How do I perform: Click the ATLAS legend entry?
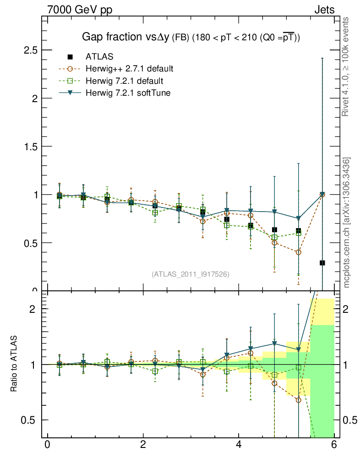click(99, 57)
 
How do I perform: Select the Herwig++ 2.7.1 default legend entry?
click(129, 69)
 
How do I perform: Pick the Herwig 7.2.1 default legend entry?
click(124, 81)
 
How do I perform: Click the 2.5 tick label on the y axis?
click(30, 50)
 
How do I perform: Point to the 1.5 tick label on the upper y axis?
click(30, 147)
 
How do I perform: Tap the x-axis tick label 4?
click(239, 445)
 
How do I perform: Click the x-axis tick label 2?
click(143, 445)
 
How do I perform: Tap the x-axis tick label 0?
click(47, 445)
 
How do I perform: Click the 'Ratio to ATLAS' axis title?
click(14, 365)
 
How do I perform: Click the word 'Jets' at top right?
click(324, 10)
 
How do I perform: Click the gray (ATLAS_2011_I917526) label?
click(191, 274)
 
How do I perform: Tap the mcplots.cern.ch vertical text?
click(347, 222)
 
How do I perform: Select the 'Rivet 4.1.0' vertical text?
click(347, 66)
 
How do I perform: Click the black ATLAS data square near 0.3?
click(322, 263)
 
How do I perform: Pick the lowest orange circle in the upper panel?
click(299, 252)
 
